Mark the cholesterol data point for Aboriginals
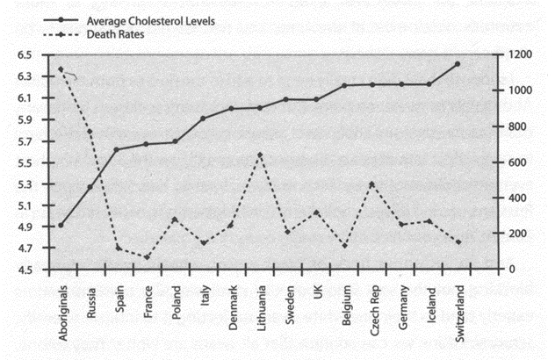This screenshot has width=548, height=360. pyautogui.click(x=61, y=226)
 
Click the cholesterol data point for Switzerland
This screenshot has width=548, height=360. pyautogui.click(x=458, y=64)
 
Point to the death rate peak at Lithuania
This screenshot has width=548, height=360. pyautogui.click(x=260, y=155)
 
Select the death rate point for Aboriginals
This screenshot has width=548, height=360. pyautogui.click(x=61, y=69)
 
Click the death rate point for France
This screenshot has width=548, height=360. pyautogui.click(x=146, y=257)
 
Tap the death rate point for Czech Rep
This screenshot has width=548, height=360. pyautogui.click(x=372, y=184)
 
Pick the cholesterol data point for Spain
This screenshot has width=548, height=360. pyautogui.click(x=117, y=149)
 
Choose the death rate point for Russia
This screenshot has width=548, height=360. pyautogui.click(x=89, y=132)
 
